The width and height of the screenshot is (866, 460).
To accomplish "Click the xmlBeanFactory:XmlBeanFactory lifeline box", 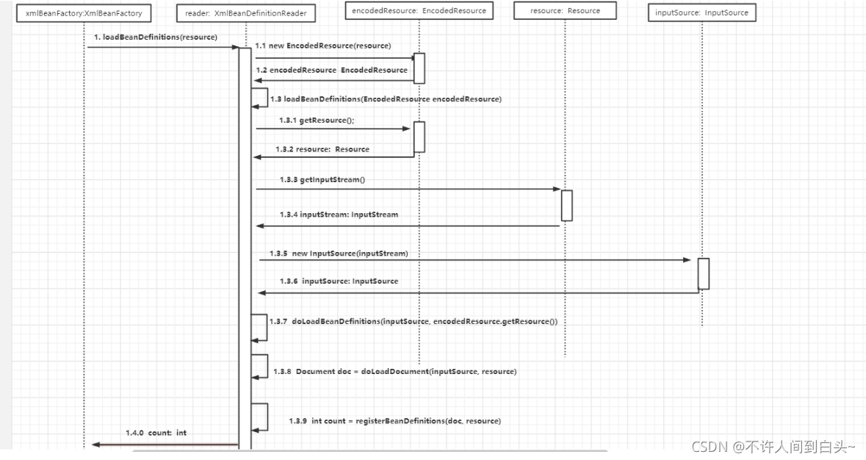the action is pos(84,13).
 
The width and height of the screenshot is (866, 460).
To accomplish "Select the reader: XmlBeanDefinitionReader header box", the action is pos(246,13).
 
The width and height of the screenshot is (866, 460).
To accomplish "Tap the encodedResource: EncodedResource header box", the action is pos(419,10).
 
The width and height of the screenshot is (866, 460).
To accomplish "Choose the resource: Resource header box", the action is pos(565,10).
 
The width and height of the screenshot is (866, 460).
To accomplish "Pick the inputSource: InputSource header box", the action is pos(702,12).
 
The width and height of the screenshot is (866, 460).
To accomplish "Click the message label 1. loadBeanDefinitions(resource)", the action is pos(156,37).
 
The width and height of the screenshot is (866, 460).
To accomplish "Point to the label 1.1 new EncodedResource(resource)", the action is pos(323,46).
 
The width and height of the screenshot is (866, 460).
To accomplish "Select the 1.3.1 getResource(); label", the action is pos(317,121).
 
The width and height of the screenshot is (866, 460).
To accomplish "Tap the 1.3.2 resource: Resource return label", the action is pos(322,149).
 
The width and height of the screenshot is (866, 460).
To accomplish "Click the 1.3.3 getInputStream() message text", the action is pos(322,179).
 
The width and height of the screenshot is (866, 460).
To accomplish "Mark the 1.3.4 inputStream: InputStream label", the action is pos(339,215).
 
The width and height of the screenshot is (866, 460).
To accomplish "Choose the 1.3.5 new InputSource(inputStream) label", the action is pos(339,254).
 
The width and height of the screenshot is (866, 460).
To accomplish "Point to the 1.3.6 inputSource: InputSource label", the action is pos(339,281).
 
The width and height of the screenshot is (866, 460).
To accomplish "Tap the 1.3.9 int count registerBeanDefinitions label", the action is pos(395,421).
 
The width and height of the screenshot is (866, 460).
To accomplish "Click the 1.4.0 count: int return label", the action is pos(156,433).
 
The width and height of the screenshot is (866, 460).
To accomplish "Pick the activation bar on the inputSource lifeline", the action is pos(704,273).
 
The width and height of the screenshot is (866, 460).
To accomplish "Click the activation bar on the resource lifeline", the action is pos(566,206).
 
